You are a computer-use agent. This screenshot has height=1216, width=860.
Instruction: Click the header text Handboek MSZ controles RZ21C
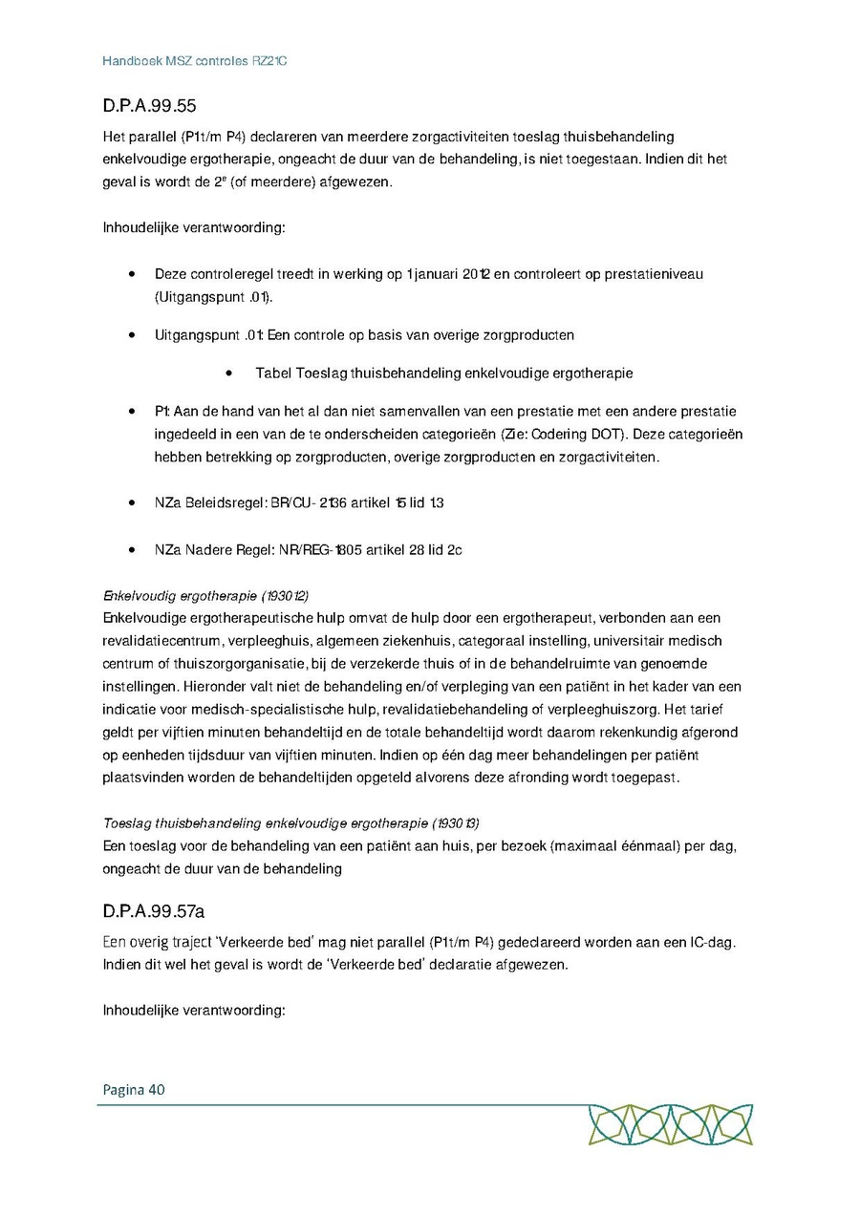tap(195, 61)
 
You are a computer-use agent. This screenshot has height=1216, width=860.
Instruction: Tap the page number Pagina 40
tap(134, 1089)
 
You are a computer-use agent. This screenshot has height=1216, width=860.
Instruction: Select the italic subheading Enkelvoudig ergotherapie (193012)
tap(205, 595)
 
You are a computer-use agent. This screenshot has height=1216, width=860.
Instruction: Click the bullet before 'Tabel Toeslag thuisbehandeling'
tap(229, 373)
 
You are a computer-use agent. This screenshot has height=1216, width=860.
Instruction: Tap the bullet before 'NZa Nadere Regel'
tap(131, 551)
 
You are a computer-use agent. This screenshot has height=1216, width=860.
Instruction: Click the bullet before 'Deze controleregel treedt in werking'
tap(131, 275)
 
